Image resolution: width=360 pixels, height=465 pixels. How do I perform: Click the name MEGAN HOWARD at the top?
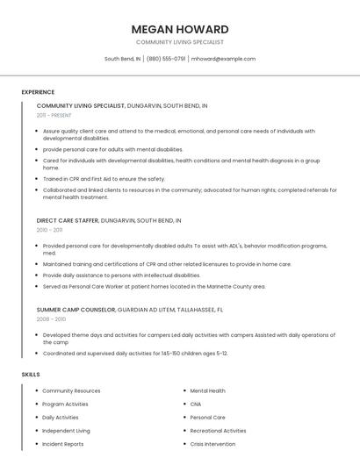coord(180,29)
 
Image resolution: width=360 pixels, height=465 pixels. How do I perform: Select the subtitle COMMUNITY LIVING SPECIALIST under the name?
coord(180,42)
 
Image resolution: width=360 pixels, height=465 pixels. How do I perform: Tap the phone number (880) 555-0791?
coord(166,59)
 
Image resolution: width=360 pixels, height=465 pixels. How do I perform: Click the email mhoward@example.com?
coord(223,59)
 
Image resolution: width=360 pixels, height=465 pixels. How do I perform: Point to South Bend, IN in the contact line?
coord(122,59)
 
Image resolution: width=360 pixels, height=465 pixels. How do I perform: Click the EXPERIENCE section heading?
coord(38,92)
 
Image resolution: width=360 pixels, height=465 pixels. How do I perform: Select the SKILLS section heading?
coord(31,375)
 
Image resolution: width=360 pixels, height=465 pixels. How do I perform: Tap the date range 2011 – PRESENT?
coord(54,115)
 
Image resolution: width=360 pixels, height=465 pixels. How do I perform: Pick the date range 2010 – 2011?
coord(50,230)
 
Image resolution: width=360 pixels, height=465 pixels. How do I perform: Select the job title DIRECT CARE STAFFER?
coord(68,220)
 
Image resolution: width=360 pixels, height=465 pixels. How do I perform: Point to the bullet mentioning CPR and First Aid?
coord(104,179)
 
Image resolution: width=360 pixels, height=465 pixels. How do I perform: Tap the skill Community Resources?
coord(71,390)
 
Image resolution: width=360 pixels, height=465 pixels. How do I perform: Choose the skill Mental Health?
coord(207,390)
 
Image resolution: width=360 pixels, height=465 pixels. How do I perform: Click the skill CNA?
coord(196,404)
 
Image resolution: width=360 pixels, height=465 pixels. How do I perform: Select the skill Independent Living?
coord(66,431)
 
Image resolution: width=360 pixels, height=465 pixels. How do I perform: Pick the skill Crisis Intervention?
coord(212,444)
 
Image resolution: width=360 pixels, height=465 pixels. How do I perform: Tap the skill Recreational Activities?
coord(218,431)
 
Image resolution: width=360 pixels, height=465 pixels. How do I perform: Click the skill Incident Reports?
coord(63,444)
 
